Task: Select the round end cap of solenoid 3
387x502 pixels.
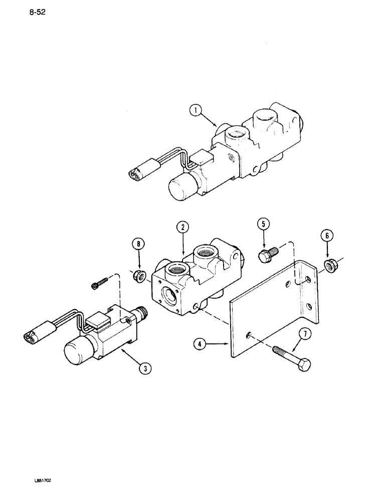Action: pos(77,353)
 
